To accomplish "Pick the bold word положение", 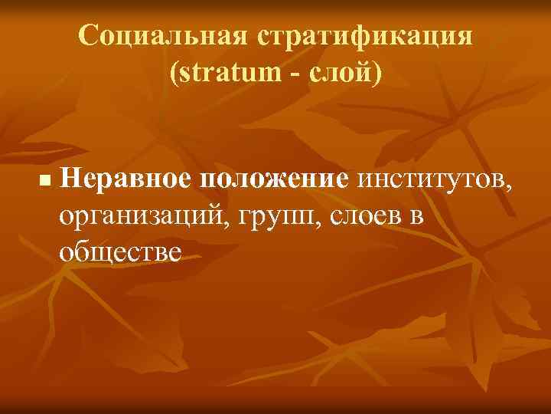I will point(273,180).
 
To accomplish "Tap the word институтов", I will point(432,180).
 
